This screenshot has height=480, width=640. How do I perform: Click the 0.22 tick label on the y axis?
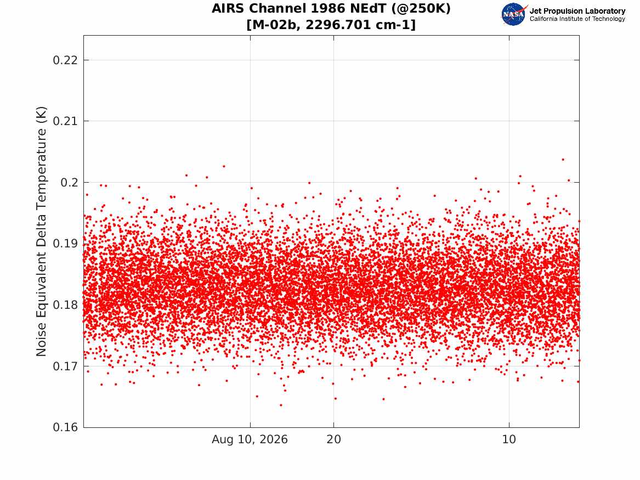(65, 60)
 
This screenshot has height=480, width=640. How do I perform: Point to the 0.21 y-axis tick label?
(65, 121)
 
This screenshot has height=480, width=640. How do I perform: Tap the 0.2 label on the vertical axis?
(69, 183)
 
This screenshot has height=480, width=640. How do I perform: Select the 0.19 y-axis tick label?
(65, 244)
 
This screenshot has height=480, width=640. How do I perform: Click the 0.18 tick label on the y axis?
(65, 305)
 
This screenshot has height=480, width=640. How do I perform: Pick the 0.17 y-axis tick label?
(65, 366)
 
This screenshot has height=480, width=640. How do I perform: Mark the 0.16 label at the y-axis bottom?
(65, 427)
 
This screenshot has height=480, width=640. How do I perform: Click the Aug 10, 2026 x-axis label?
(250, 439)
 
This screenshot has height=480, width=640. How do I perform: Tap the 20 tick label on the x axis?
(333, 439)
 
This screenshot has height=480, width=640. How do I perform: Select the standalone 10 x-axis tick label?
(509, 439)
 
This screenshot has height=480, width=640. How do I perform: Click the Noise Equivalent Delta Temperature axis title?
(41, 231)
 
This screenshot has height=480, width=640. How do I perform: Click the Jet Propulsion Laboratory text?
(577, 11)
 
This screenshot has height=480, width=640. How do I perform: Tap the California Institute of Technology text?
(577, 19)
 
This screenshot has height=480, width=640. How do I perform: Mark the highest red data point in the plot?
(563, 160)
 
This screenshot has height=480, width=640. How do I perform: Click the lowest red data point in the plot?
(281, 405)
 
